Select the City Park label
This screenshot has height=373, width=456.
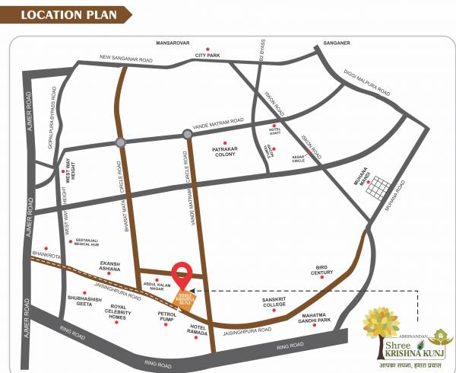pyautogui.click(x=207, y=56)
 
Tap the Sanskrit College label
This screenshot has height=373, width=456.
pyautogui.click(x=274, y=302)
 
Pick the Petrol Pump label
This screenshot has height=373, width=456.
pyautogui.click(x=166, y=316)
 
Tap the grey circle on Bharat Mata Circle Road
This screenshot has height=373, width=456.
pyautogui.click(x=120, y=142)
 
